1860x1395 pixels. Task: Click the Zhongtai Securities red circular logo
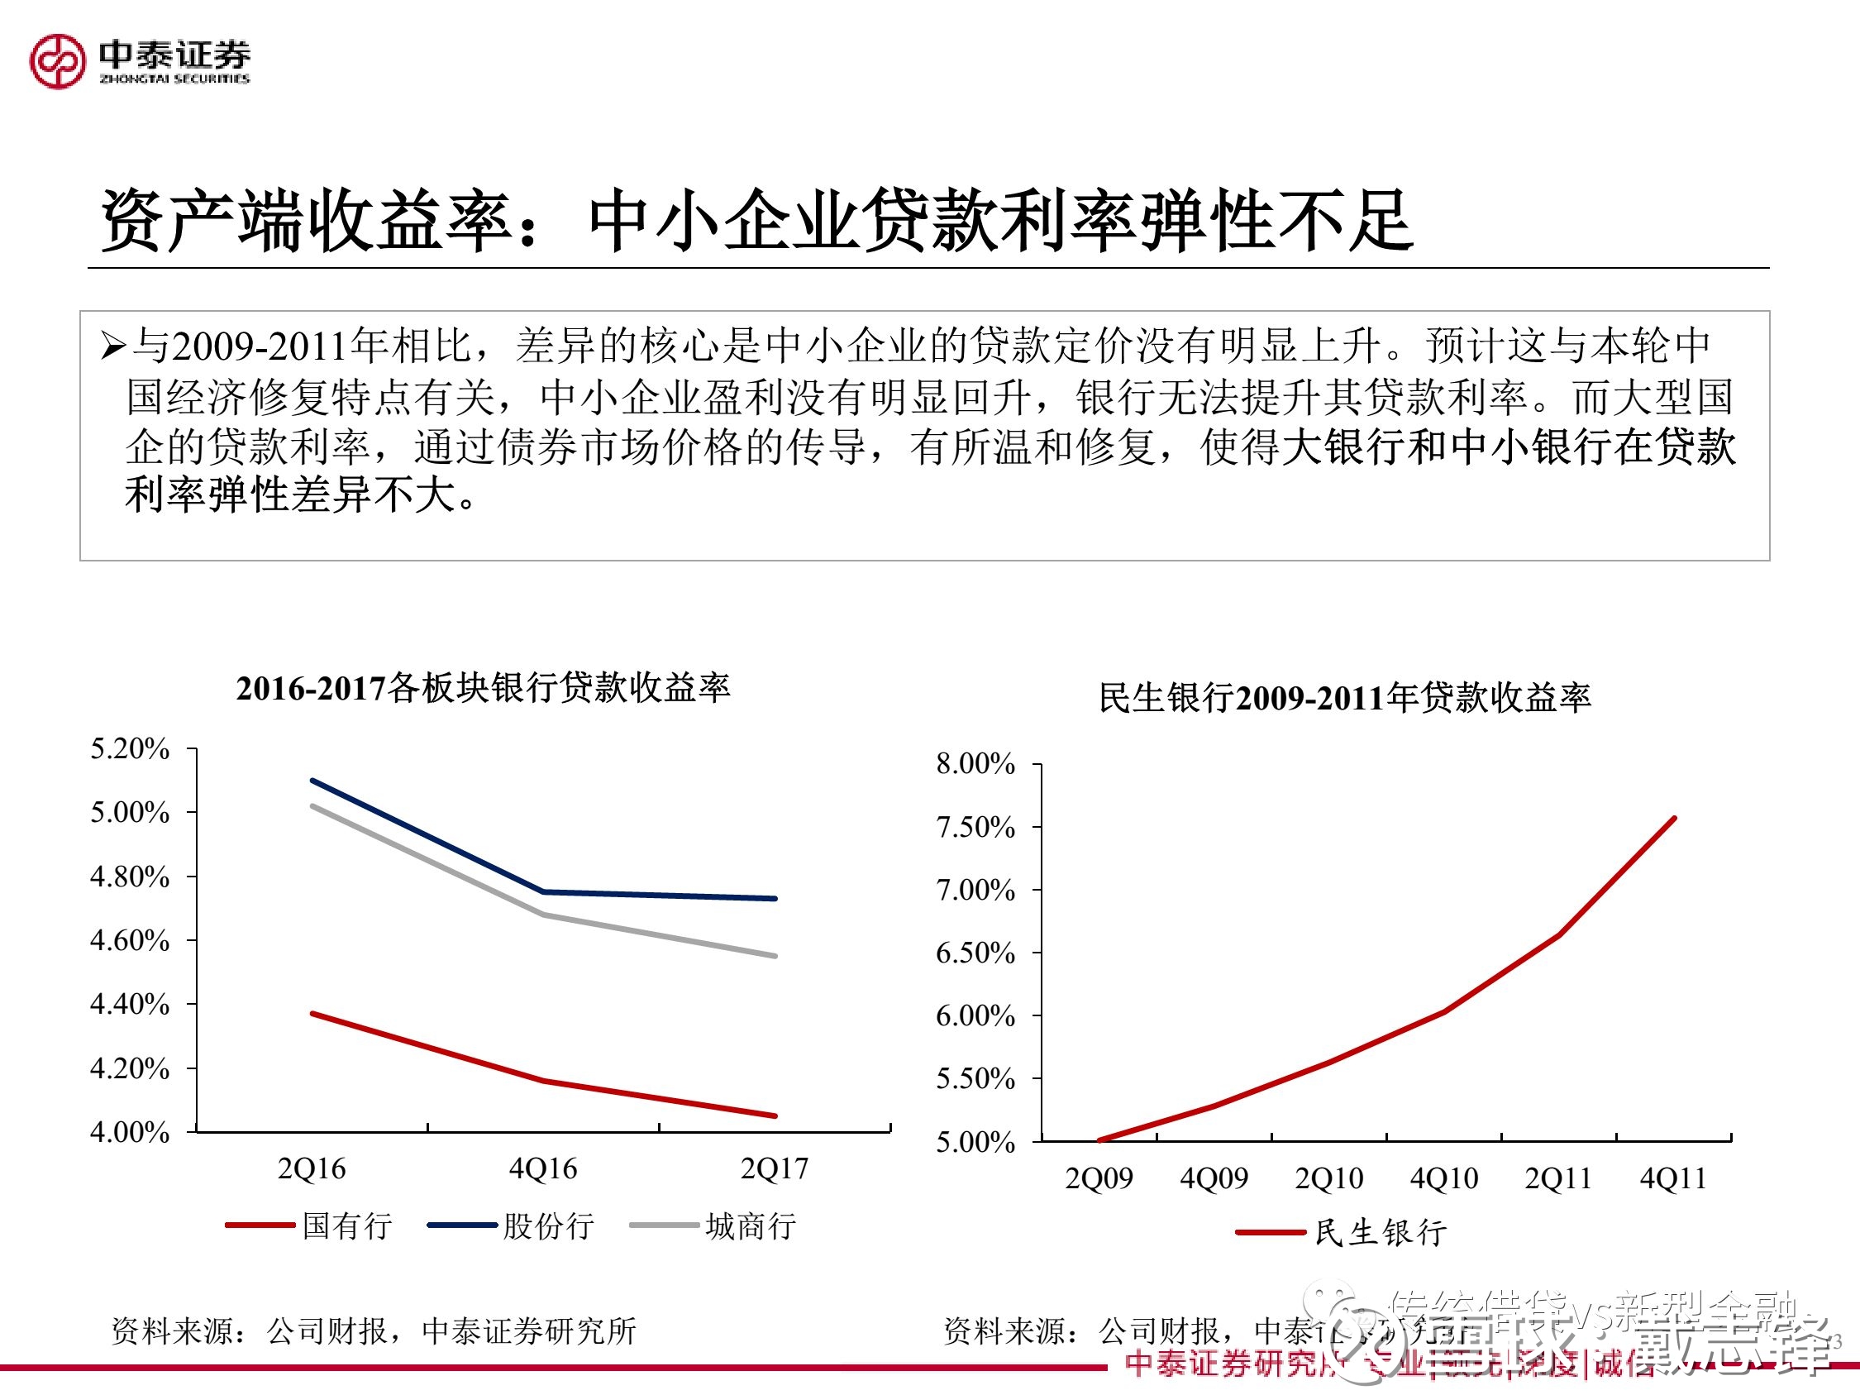(57, 60)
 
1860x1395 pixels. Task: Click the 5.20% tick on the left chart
(130, 748)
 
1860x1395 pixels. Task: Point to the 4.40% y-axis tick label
(130, 1004)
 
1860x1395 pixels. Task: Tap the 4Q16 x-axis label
(543, 1168)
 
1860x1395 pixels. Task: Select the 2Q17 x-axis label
(774, 1168)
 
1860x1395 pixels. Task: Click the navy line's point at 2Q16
(312, 781)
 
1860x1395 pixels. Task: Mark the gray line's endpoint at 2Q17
(775, 956)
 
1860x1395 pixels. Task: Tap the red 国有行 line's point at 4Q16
(544, 1081)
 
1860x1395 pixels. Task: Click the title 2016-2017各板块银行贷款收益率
(483, 689)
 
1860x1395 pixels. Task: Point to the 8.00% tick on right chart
(975, 763)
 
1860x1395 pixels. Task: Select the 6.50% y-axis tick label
(975, 953)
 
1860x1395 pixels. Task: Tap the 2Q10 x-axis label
(1328, 1178)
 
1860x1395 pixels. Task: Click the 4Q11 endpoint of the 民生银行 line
(1674, 818)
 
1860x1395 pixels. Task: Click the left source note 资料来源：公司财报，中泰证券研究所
(374, 1331)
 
